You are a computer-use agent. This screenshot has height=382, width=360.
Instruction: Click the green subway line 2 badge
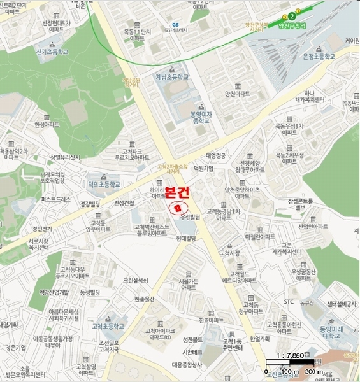291,15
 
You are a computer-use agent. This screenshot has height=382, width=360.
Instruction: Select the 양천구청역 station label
295,25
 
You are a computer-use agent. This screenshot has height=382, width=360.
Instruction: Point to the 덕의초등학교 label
104,183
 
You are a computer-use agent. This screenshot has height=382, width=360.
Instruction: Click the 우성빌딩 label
190,217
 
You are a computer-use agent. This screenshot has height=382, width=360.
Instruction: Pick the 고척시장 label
228,253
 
